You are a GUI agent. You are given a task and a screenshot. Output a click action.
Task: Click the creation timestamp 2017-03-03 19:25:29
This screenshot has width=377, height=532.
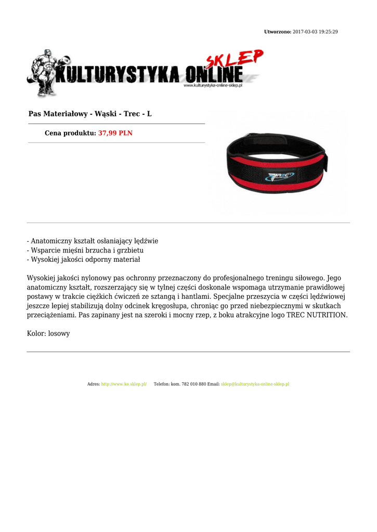315,32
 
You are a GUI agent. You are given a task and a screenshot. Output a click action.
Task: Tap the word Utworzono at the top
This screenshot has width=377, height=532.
277,32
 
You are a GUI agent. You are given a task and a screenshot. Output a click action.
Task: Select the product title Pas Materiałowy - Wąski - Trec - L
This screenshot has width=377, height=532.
90,113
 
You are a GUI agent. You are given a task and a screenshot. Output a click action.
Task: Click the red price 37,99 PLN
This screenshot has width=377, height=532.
115,133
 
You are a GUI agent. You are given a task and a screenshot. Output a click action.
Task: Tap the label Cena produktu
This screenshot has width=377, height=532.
70,133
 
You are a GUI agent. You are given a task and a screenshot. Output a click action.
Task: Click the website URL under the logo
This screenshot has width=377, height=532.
213,85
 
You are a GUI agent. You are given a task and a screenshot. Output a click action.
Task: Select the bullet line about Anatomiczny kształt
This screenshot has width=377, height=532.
93,241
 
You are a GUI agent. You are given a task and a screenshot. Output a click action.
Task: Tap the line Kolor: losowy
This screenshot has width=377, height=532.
48,334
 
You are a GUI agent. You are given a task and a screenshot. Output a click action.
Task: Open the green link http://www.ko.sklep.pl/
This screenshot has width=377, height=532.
124,384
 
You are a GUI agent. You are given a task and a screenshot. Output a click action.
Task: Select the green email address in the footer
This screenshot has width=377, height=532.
255,384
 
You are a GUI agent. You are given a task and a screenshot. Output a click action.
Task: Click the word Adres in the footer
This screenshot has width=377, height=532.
93,384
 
